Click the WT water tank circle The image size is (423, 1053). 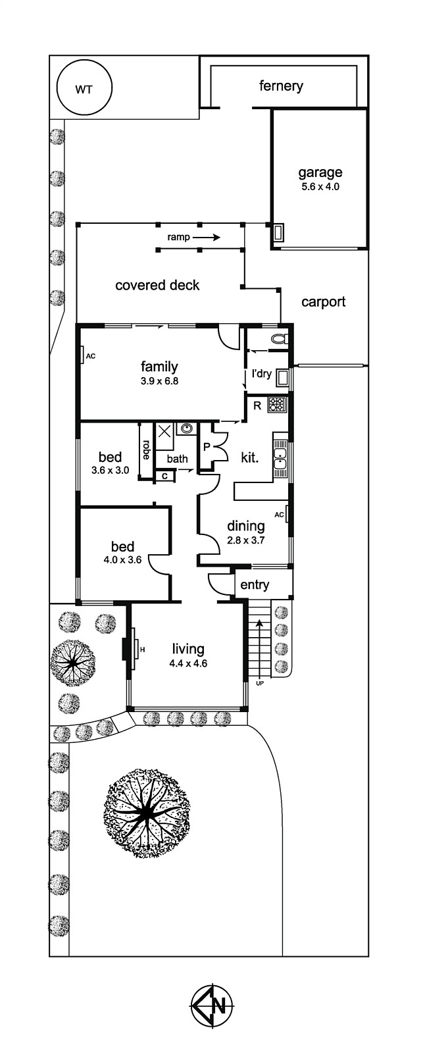(x=84, y=88)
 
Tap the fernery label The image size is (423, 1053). (x=281, y=86)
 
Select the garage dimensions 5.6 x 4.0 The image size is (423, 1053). (x=320, y=186)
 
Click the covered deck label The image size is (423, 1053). (x=157, y=286)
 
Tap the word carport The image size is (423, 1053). (x=324, y=302)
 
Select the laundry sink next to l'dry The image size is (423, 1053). (x=282, y=378)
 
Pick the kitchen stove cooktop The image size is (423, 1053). (x=277, y=405)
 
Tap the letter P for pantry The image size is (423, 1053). (x=207, y=447)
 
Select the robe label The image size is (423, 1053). (x=145, y=450)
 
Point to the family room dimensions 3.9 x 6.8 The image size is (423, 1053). (x=159, y=381)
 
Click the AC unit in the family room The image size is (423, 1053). (x=82, y=355)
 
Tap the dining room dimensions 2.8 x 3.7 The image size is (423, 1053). (x=246, y=540)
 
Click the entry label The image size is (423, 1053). (x=255, y=585)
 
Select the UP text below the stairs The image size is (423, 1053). (x=259, y=683)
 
